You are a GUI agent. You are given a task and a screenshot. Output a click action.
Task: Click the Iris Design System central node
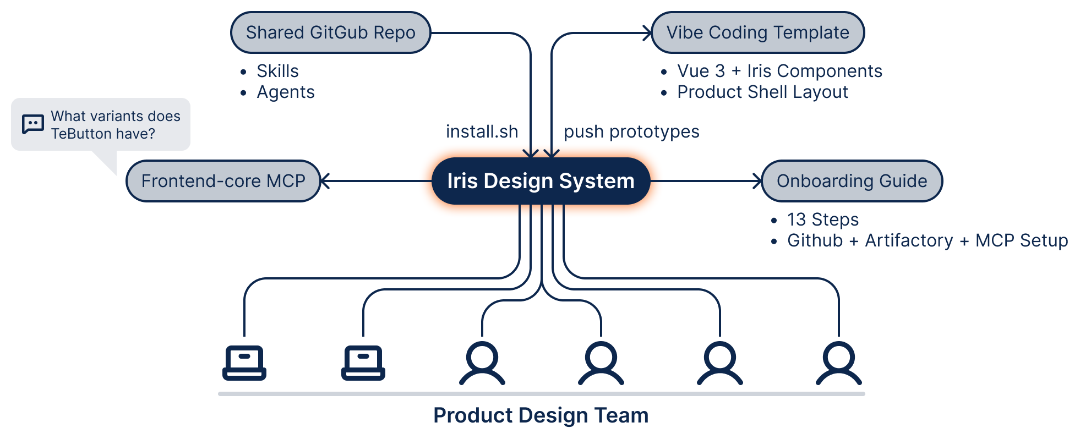click(541, 181)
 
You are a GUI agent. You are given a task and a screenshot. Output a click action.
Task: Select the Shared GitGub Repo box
click(330, 32)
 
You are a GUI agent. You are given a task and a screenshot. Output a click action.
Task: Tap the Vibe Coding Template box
click(757, 32)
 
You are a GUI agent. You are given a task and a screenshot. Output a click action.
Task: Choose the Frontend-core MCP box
click(223, 181)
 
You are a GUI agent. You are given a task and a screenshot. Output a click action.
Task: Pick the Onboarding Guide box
click(852, 181)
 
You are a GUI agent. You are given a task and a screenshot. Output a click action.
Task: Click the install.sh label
click(482, 131)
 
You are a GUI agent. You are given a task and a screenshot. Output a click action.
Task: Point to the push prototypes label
click(631, 131)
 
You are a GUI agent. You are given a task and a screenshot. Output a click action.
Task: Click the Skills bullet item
click(277, 71)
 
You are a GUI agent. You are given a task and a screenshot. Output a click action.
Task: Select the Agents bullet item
click(286, 92)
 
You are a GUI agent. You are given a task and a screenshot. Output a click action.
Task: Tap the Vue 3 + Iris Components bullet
click(779, 71)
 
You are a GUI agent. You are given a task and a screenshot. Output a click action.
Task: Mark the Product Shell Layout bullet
click(762, 92)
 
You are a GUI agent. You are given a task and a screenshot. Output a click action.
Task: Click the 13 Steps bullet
click(823, 219)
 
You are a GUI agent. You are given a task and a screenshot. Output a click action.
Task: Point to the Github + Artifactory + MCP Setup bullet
click(928, 240)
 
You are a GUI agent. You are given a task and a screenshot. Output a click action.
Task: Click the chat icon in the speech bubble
click(33, 124)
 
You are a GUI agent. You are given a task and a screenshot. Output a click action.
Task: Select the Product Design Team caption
click(541, 415)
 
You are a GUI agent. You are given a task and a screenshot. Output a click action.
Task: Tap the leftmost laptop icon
click(244, 363)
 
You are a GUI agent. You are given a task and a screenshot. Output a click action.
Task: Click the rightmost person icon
click(838, 363)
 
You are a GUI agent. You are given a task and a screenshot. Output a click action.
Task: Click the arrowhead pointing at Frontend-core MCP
click(325, 181)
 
